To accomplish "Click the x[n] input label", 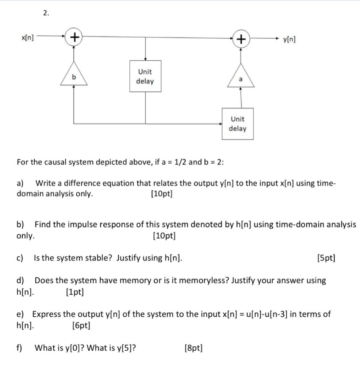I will [27, 37].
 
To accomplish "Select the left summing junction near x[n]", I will [74, 37].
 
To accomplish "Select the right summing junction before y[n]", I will [241, 39].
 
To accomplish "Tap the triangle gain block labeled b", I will [74, 77].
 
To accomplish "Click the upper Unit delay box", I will [145, 76].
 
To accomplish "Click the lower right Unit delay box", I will [238, 123].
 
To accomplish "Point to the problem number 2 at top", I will [46, 13].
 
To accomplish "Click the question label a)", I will [20, 183].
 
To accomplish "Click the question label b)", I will [20, 225].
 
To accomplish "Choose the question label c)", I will [20, 258].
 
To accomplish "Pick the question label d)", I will [20, 280].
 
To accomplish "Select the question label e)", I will [20, 314].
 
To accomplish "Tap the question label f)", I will [20, 348].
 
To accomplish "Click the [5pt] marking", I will [326, 258].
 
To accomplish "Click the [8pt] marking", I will [194, 348].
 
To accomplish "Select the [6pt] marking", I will [81, 325].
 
